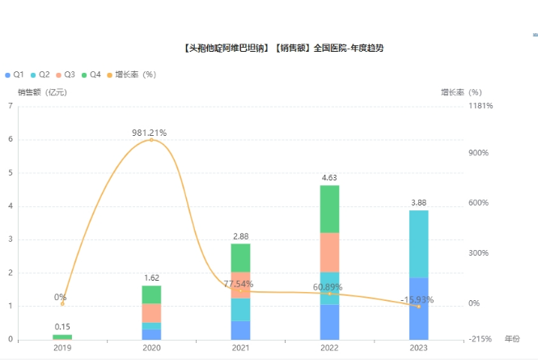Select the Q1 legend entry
(x=15, y=74)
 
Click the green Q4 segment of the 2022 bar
(x=329, y=209)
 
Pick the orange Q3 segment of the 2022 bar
(x=329, y=252)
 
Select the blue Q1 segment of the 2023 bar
(x=418, y=309)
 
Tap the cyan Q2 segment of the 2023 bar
(x=418, y=244)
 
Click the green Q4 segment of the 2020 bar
(x=151, y=294)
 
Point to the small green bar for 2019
(x=62, y=337)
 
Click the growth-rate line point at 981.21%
(x=151, y=140)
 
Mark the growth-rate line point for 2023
(x=418, y=307)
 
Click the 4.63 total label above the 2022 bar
(x=329, y=177)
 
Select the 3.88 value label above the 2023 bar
(x=418, y=202)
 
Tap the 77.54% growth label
(x=240, y=284)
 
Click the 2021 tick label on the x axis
(x=240, y=348)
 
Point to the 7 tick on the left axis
(x=10, y=106)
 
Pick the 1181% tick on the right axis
(x=481, y=106)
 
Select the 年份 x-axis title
(x=512, y=338)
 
